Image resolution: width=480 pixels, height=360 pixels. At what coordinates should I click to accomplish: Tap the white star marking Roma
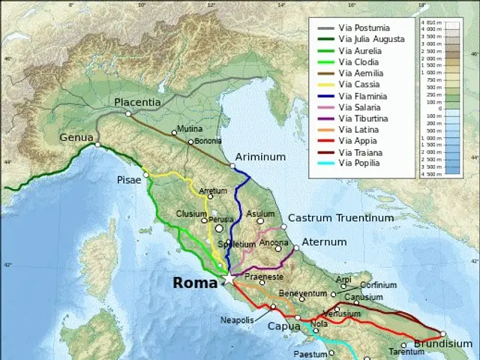[228, 279]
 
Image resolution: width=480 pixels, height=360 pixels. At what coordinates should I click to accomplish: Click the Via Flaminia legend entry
[363, 96]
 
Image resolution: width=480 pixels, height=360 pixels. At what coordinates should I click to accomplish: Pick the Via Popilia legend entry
[363, 163]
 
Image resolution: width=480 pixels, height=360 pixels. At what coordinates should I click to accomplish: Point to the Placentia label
[137, 101]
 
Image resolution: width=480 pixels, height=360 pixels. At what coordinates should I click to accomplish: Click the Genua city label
[77, 137]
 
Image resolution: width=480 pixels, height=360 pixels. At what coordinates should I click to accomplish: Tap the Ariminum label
[261, 157]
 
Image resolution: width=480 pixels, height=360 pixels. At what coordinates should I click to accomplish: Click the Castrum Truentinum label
[340, 217]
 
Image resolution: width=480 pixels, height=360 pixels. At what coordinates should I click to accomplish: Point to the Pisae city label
[129, 181]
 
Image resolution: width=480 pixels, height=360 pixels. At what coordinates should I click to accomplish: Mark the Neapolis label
[237, 320]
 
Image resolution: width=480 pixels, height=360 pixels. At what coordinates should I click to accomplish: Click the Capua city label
[284, 326]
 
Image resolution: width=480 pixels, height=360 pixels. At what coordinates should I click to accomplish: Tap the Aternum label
[324, 242]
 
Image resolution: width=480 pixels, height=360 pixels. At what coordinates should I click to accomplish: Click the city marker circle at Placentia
[128, 114]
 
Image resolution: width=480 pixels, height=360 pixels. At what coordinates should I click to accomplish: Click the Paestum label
[310, 354]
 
